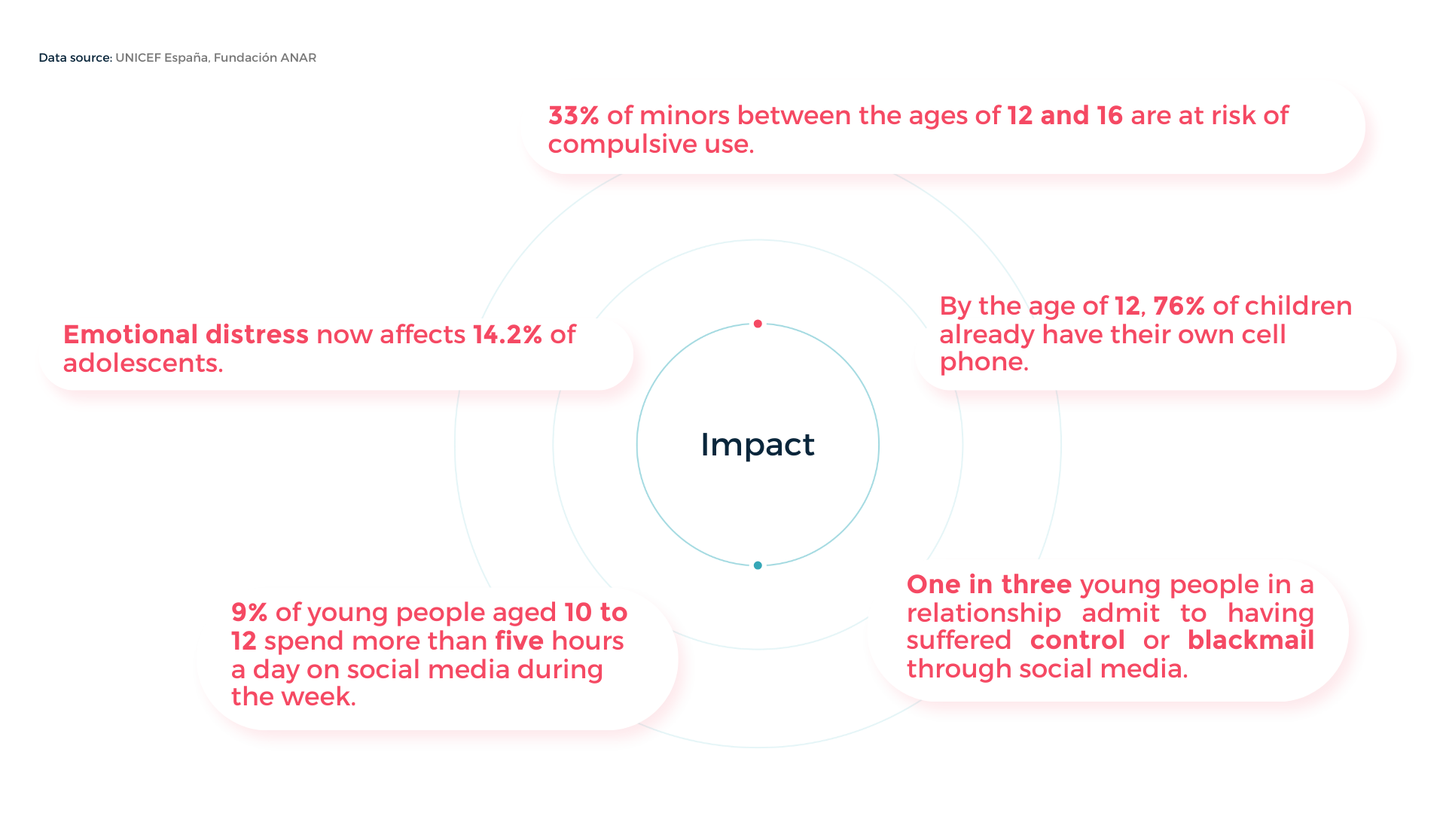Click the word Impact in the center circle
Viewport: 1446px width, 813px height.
758,445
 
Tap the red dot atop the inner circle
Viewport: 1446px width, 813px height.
758,324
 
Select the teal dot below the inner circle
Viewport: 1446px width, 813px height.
758,565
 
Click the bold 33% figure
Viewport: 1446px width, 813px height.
574,116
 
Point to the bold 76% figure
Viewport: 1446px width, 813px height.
1179,306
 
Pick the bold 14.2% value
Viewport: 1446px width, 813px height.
508,335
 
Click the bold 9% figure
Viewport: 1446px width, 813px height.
249,613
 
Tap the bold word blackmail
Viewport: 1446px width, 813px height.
1251,641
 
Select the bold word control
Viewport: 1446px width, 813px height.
1078,641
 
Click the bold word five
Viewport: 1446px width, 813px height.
520,641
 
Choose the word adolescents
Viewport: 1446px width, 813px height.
143,364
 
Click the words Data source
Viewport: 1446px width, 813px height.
75,58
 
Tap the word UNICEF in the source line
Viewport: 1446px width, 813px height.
138,58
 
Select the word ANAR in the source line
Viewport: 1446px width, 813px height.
298,58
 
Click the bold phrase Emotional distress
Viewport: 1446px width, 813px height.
186,335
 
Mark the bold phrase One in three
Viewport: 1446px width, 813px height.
989,585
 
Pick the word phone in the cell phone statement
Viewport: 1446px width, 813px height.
984,363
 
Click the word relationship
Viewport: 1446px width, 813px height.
984,614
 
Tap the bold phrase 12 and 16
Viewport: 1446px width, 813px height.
1065,116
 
